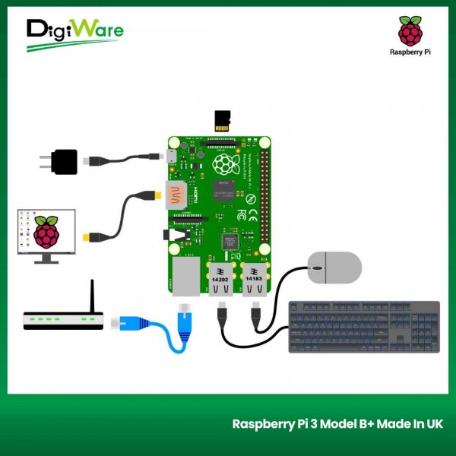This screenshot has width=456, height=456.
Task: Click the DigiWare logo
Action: tap(74, 33)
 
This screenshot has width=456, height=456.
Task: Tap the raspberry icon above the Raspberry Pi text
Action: tap(410, 30)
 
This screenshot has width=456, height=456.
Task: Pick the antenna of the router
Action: tap(92, 296)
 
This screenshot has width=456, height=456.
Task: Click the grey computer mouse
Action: tap(334, 268)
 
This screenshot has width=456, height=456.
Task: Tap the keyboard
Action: tap(364, 327)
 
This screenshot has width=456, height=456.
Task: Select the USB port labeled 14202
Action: tap(221, 279)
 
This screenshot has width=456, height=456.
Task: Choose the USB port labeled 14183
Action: tap(253, 279)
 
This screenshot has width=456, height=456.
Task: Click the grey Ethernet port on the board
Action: tap(185, 276)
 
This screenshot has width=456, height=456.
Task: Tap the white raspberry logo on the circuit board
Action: tap(225, 164)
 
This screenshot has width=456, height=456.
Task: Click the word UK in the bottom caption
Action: tap(434, 424)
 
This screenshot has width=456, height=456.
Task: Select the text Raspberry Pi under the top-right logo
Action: tap(410, 52)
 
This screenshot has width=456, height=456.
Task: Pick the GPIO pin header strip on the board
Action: tap(264, 194)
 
